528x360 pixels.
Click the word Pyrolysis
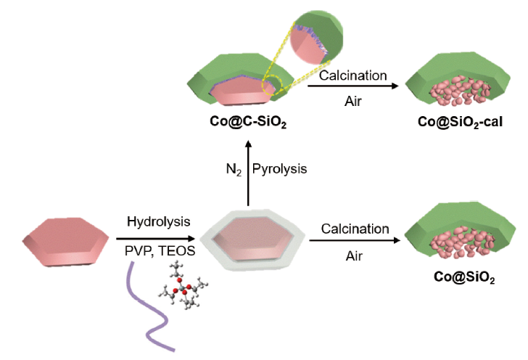pos(280,169)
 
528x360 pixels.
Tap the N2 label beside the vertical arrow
pos(234,169)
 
